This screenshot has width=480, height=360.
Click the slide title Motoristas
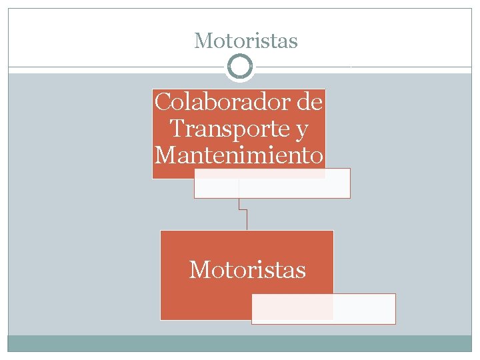[246, 41]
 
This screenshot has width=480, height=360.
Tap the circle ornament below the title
[240, 67]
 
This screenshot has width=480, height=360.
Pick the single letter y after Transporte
[301, 131]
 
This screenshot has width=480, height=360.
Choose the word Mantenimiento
[239, 155]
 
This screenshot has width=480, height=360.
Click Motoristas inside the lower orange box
[247, 270]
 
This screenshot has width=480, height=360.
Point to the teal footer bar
[240, 343]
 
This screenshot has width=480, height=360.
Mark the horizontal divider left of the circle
[117, 67]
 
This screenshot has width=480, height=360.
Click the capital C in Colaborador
[162, 103]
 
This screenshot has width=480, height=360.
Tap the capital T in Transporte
[177, 129]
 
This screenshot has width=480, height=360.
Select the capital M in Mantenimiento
[164, 155]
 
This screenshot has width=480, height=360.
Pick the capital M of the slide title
[202, 41]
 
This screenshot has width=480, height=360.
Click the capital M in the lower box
[199, 270]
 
